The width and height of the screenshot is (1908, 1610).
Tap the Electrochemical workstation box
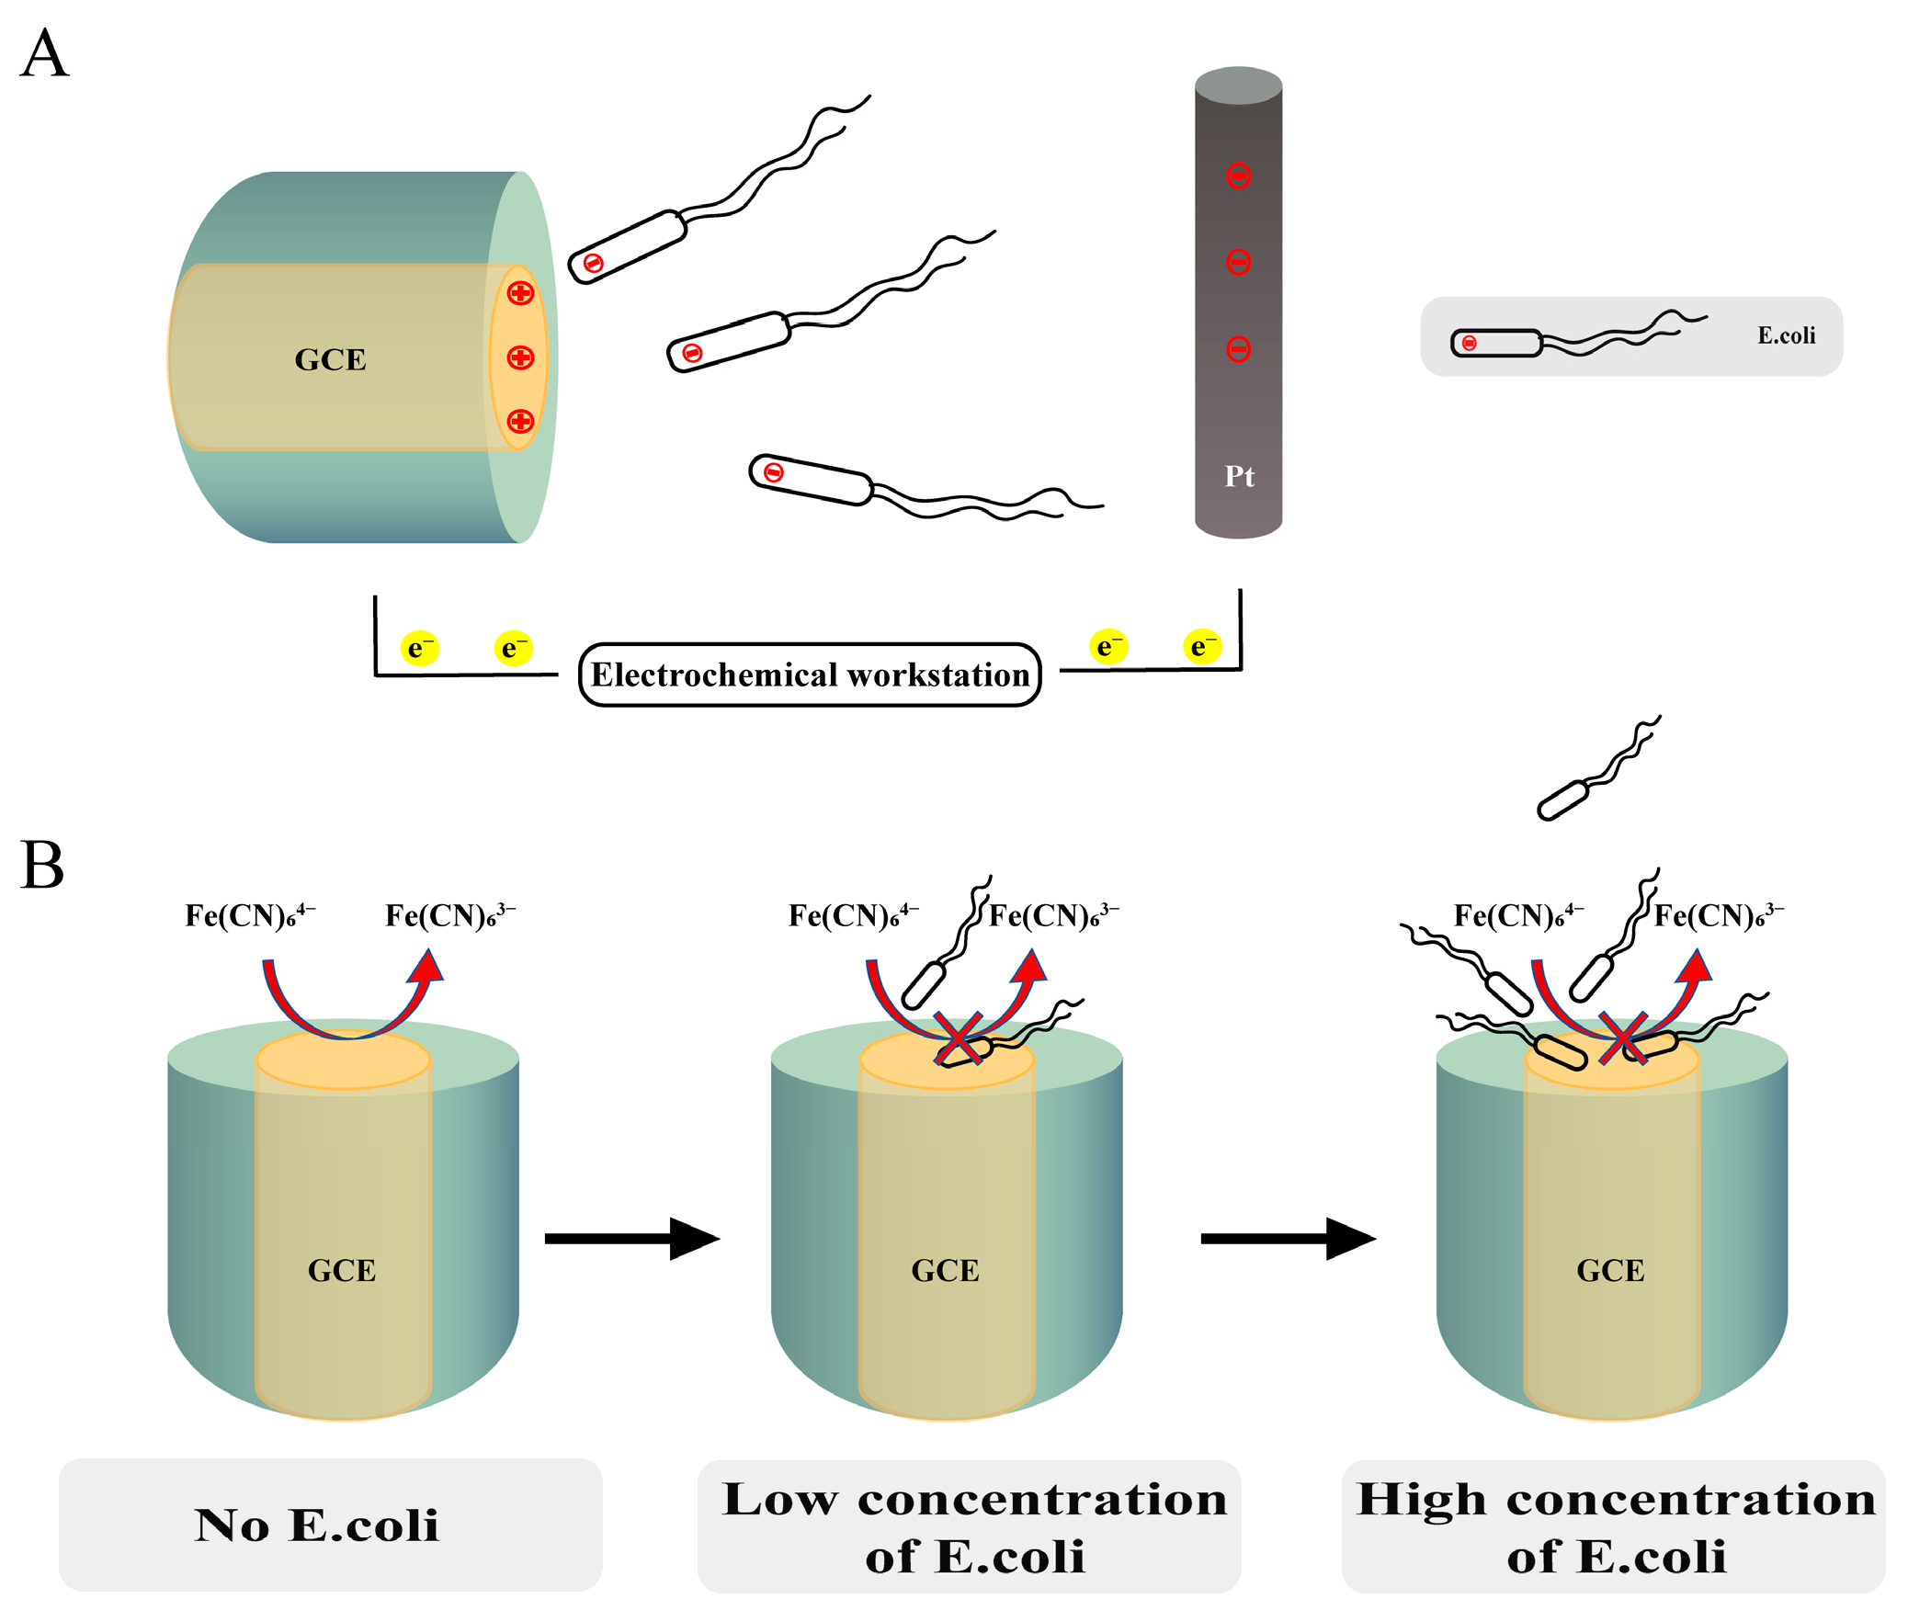click(810, 675)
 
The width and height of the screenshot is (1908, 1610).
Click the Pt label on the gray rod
click(1239, 476)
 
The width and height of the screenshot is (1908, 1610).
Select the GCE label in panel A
click(330, 359)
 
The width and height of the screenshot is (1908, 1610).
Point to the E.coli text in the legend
click(1786, 335)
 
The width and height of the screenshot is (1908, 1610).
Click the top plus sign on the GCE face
click(520, 293)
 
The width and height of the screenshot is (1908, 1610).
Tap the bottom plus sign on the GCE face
click(520, 421)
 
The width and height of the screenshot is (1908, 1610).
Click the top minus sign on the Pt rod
click(1238, 176)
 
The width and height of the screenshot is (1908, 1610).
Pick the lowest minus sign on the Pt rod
click(1238, 349)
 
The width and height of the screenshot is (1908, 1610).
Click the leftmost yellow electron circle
click(419, 648)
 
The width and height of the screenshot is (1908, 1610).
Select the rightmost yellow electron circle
click(1202, 646)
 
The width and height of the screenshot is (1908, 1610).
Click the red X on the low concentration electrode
click(959, 1038)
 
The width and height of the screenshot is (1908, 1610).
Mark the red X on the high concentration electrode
click(1623, 1037)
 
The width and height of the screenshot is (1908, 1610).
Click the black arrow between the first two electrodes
click(632, 1238)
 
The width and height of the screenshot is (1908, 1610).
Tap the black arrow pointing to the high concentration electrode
click(1289, 1238)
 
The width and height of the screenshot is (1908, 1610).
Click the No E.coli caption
click(317, 1525)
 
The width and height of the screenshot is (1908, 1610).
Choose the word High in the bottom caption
click(1421, 1501)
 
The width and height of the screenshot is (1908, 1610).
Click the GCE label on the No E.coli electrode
click(342, 1270)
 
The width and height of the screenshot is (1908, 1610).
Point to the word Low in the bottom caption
click(780, 1499)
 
